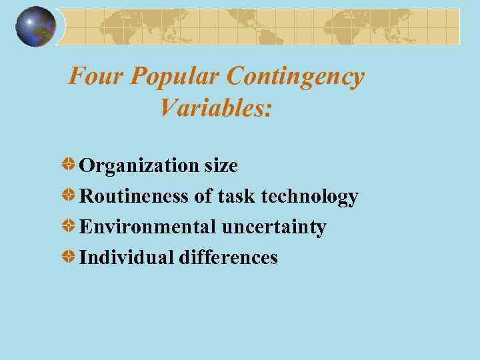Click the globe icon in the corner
click(36, 27)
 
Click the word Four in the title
click(97, 77)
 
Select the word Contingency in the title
click(295, 77)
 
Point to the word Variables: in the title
click(216, 107)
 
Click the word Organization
click(139, 165)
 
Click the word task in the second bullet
click(236, 197)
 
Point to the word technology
click(309, 197)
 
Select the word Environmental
click(147, 227)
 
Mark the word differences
click(228, 257)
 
